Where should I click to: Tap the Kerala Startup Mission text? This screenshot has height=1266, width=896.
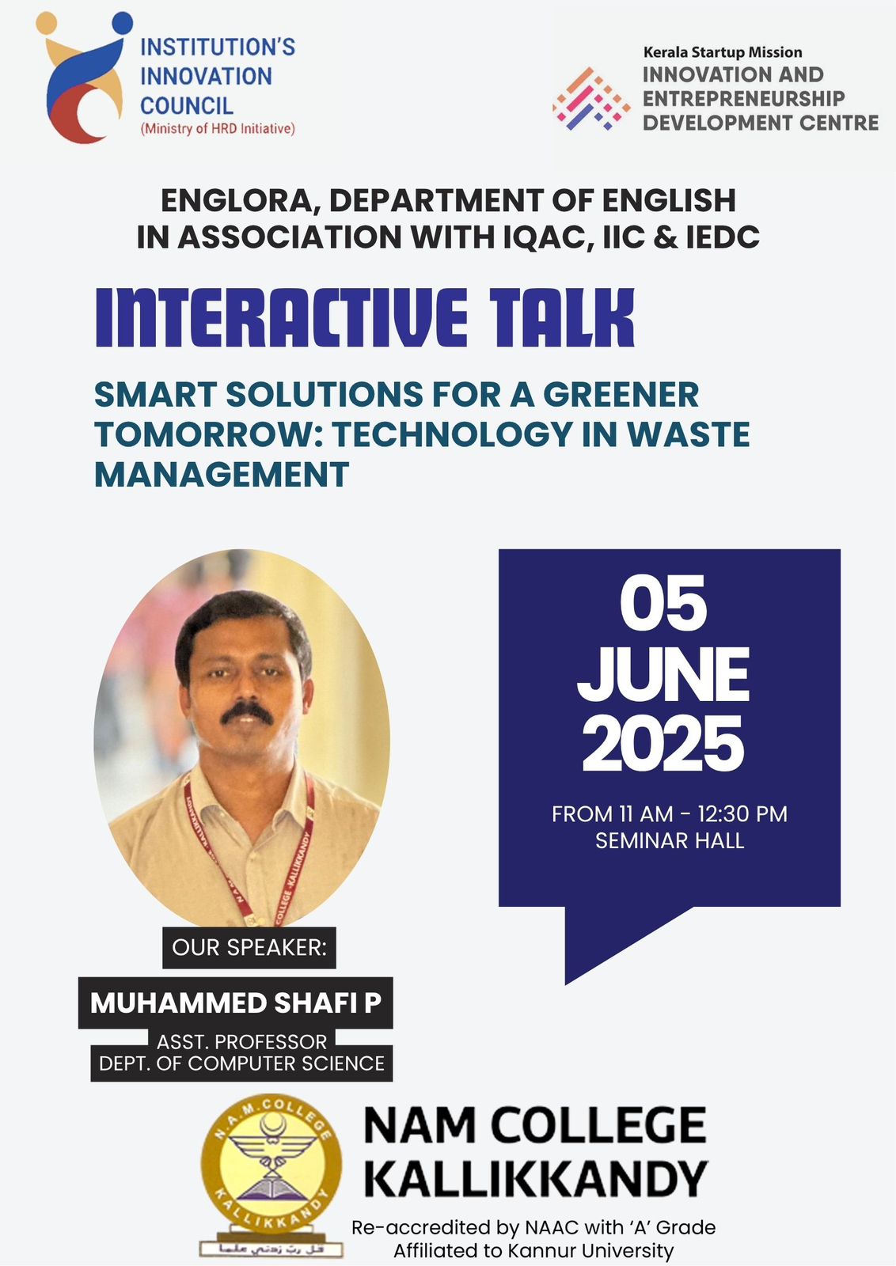pos(723,52)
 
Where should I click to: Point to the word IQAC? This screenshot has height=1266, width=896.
pos(548,237)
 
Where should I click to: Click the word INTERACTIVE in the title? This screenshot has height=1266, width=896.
pos(282,317)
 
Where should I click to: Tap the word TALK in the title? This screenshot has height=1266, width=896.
pos(563,317)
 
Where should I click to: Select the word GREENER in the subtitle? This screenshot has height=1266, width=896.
pos(621,395)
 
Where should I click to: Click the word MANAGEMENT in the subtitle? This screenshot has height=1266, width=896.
pos(222,475)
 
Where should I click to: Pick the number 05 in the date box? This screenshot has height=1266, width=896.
pos(663,603)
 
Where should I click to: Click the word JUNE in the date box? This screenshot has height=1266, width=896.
pos(663,674)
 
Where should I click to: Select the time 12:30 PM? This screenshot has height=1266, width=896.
pos(742,814)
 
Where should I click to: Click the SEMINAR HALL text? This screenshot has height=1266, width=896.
pos(670,841)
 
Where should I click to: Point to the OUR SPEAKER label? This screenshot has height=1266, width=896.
pos(249,948)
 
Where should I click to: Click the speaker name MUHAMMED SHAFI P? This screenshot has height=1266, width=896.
pos(236,1003)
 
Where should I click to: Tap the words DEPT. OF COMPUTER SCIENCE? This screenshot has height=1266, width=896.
pos(241,1063)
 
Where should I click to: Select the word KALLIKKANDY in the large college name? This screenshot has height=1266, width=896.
pos(536,1178)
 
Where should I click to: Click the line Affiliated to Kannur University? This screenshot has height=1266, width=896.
pos(533,1251)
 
